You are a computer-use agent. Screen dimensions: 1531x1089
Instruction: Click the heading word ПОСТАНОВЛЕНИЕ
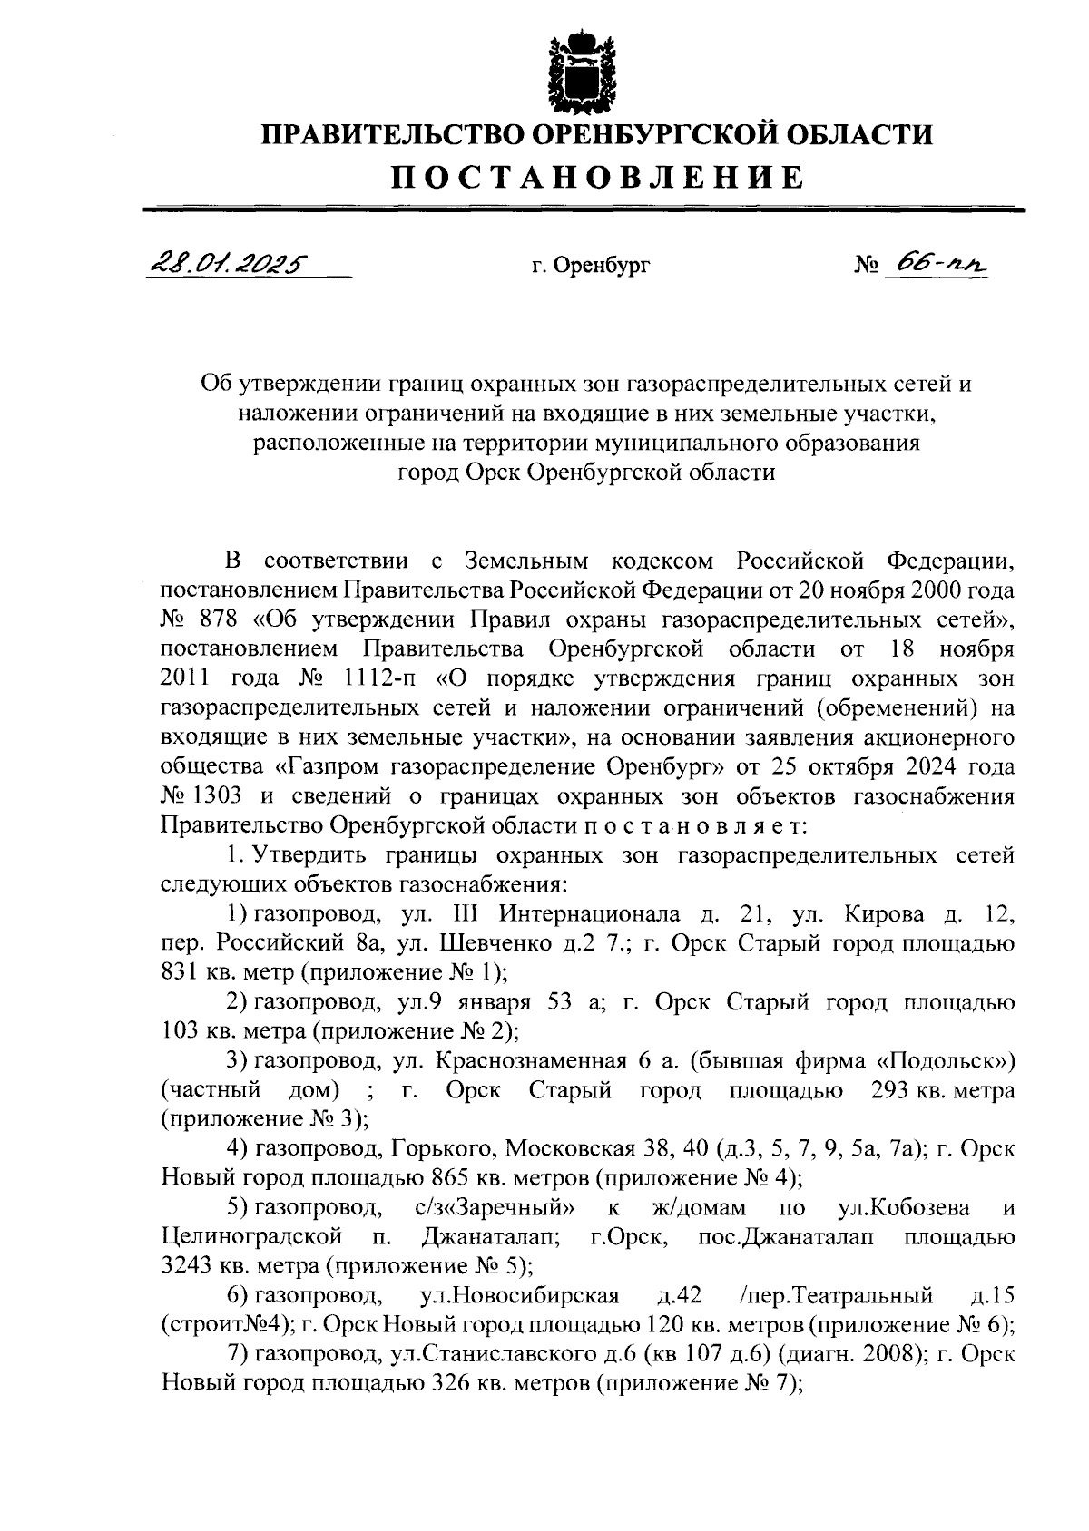[598, 177]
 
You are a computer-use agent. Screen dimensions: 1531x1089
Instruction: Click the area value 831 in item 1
[178, 971]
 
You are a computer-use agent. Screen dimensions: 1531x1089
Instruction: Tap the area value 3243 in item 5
[184, 1265]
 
